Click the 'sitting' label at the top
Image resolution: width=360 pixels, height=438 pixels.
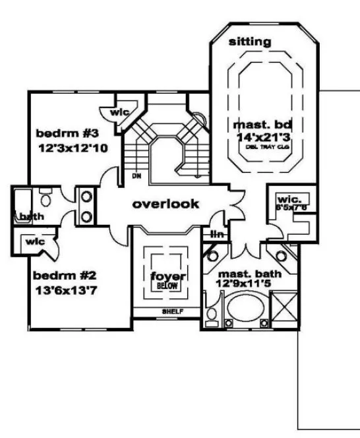[249, 42]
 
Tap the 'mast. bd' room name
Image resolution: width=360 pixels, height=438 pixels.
[251, 123]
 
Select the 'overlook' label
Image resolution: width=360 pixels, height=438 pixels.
[165, 204]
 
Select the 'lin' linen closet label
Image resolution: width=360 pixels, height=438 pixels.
[216, 234]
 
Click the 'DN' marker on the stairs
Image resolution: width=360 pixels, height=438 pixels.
[136, 176]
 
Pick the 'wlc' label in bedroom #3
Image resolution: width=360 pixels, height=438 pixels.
[119, 112]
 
